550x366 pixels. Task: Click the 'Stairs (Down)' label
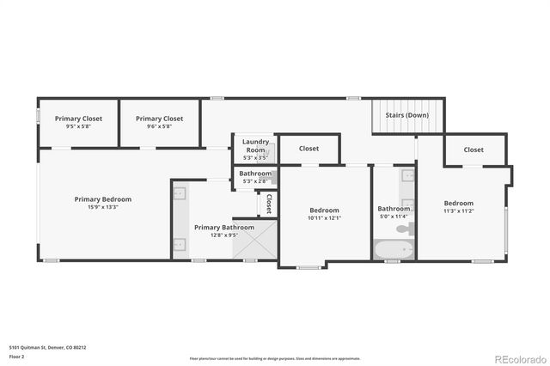406,115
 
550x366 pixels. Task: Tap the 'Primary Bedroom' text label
102,198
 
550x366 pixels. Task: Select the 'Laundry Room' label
255,145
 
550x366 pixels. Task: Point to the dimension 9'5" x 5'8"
78,126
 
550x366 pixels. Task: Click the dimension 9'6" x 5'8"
159,126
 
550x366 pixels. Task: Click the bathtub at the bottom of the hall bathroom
394,251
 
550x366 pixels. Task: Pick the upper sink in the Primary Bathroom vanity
180,195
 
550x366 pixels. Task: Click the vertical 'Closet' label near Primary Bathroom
269,204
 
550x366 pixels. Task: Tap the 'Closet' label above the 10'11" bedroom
309,149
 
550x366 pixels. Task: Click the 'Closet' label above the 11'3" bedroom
474,149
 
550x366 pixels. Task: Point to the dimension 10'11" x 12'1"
324,218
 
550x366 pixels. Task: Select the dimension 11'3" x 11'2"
459,211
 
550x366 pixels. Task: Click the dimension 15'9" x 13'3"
102,207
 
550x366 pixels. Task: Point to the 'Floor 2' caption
17,356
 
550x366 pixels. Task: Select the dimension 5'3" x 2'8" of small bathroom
254,181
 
